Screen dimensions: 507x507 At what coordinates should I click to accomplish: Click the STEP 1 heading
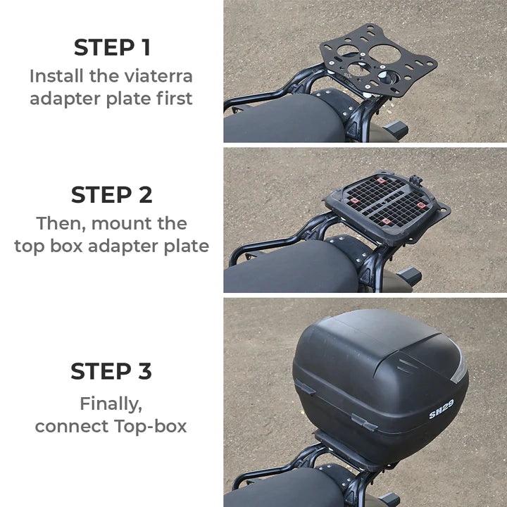(x=111, y=48)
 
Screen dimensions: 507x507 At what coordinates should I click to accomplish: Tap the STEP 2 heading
(x=111, y=194)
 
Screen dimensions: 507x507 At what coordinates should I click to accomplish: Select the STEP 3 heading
(x=111, y=371)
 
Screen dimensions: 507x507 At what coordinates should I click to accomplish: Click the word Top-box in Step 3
(x=153, y=426)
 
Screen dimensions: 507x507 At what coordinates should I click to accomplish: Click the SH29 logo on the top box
(x=442, y=409)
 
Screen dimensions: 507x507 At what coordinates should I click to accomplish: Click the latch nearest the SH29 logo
(x=364, y=422)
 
